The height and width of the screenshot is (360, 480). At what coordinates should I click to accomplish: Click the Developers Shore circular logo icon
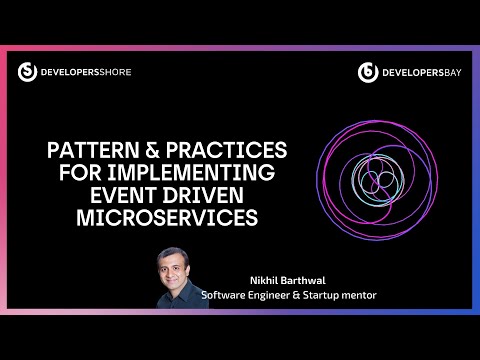click(x=28, y=71)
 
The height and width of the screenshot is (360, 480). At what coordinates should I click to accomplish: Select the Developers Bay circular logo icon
click(x=367, y=71)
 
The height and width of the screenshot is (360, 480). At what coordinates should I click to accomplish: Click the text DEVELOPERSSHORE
click(x=86, y=72)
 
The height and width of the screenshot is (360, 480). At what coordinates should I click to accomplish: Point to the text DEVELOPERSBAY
click(x=420, y=72)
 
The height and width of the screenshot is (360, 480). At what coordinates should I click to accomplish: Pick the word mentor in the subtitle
click(x=361, y=294)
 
